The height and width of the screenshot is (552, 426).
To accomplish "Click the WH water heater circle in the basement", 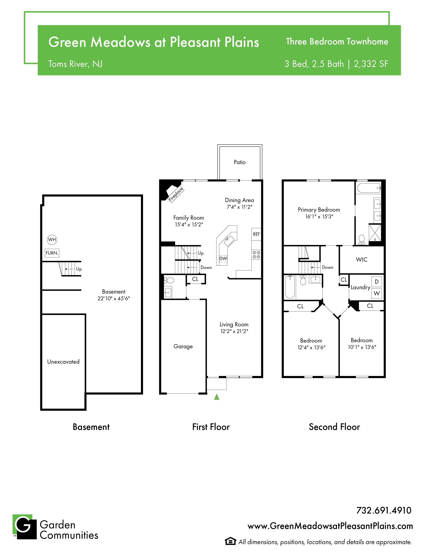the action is click(x=52, y=240).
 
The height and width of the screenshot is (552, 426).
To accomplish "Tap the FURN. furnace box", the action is click(x=52, y=253).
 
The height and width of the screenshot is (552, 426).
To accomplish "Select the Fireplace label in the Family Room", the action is click(x=176, y=194).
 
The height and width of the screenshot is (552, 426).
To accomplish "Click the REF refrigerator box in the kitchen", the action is click(x=256, y=234).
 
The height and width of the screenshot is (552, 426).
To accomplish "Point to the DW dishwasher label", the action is click(x=223, y=259).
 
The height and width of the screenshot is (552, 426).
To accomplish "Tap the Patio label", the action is click(x=239, y=162).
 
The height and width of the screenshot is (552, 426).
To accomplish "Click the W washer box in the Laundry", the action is click(x=377, y=293).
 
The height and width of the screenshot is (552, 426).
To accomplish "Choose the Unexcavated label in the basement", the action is click(x=63, y=362).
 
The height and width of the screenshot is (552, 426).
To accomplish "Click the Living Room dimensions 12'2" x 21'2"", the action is click(x=234, y=331).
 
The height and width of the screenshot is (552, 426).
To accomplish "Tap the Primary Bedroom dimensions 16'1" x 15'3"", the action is click(x=319, y=216).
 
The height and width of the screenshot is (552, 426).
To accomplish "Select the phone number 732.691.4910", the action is click(x=384, y=510).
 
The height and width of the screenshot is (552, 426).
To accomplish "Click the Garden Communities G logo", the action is click(x=25, y=527).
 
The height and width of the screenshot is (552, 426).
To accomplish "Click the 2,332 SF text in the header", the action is click(x=371, y=64).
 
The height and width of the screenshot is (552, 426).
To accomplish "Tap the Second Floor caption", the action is click(x=334, y=427).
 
